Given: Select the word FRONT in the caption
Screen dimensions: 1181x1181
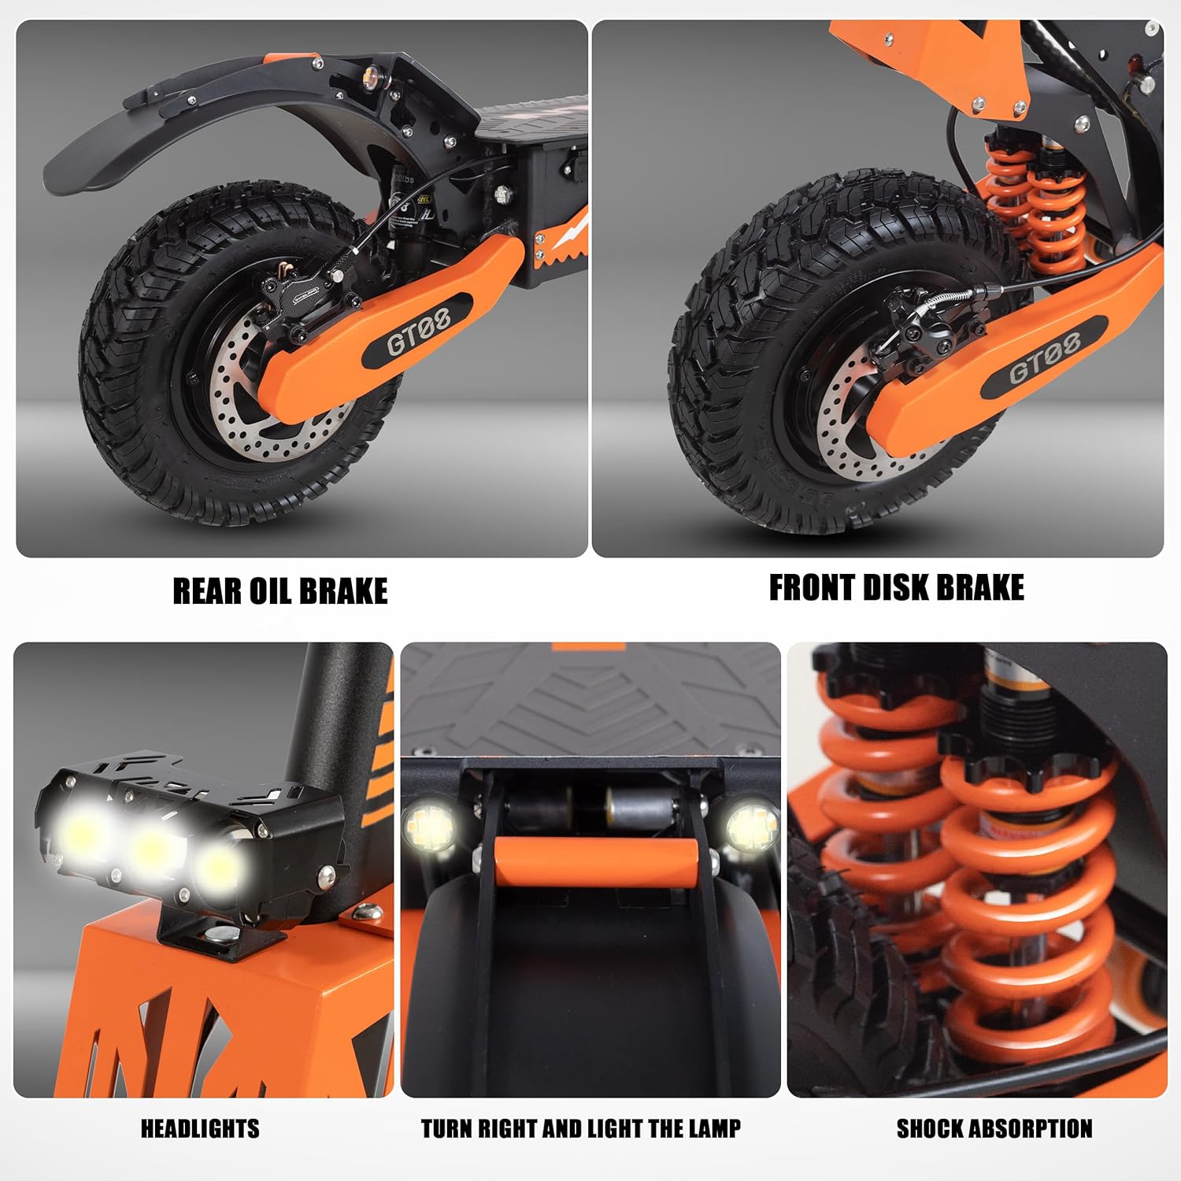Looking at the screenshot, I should [812, 588].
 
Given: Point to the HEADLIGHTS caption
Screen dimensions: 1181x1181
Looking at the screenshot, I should [200, 1129].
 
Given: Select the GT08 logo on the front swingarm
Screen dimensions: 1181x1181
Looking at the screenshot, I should [1045, 360].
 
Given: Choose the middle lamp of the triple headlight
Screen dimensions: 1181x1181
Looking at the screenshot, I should [154, 849].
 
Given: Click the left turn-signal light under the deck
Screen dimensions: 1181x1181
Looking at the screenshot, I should [428, 827].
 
